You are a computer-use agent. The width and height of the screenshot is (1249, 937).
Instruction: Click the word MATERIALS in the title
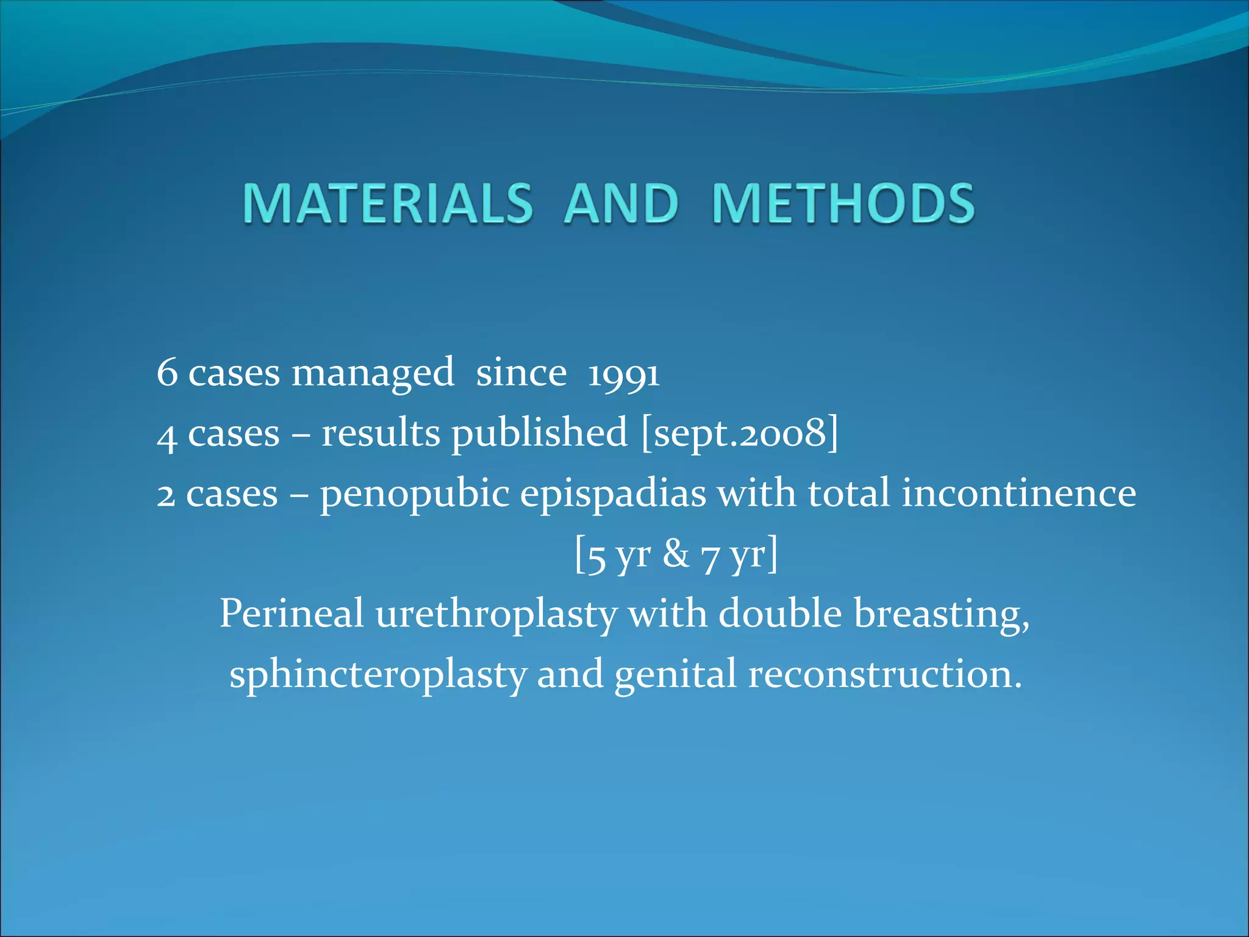388,203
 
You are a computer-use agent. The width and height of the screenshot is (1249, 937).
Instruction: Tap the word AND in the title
621,203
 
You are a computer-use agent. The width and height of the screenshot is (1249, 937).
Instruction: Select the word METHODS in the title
843,203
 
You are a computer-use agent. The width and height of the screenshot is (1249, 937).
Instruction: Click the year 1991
623,373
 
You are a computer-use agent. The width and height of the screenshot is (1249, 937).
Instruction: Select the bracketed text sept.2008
740,433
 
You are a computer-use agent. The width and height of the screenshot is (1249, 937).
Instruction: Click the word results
381,433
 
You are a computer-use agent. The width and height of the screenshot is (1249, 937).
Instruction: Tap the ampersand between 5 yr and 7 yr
676,554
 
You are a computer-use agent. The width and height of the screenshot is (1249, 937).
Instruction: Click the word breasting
941,615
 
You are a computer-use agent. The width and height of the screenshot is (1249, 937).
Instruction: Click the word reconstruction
884,675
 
